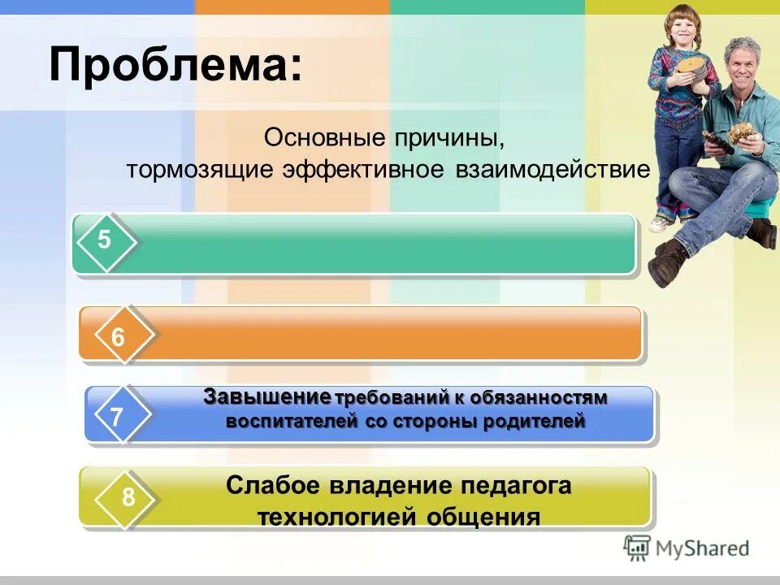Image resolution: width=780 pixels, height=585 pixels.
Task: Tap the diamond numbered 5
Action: [105, 240]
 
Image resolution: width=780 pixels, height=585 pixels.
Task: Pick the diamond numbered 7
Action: [118, 418]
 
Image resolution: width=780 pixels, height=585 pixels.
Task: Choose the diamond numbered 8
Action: [128, 497]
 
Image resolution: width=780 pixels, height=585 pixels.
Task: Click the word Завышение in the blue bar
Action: [267, 397]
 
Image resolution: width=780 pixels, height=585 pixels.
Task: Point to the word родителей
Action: [535, 422]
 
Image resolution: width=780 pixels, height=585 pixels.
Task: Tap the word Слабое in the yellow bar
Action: [274, 486]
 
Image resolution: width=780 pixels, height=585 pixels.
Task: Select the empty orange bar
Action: [390, 333]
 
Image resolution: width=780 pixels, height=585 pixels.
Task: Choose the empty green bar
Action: [382, 244]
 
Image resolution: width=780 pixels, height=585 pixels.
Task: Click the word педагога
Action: [517, 486]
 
